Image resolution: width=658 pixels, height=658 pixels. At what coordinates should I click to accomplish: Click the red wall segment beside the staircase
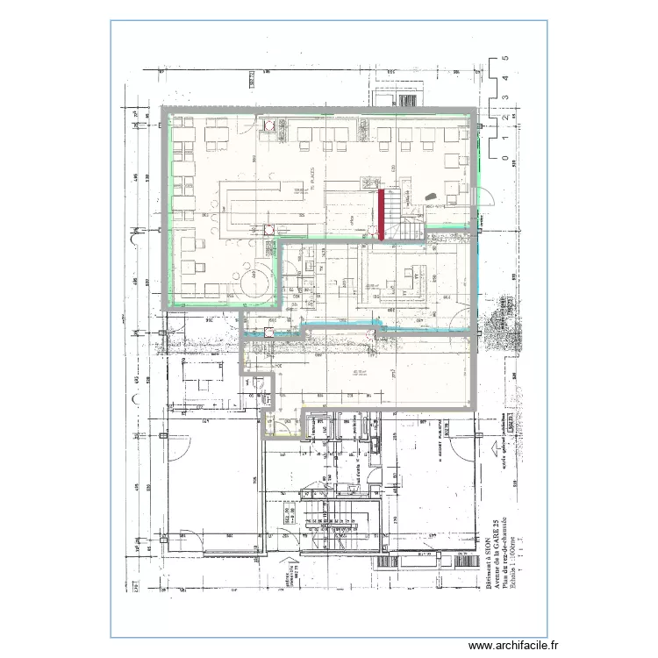point(383,215)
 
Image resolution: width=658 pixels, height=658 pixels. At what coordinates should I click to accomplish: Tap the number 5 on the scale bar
point(505,58)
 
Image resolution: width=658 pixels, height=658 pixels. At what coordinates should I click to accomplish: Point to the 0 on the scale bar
point(505,159)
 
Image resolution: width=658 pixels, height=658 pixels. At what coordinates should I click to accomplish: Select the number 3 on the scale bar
point(505,98)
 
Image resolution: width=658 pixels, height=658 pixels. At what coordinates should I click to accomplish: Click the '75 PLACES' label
point(309,173)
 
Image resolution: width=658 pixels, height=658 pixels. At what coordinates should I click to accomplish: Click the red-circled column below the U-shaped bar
point(268,230)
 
